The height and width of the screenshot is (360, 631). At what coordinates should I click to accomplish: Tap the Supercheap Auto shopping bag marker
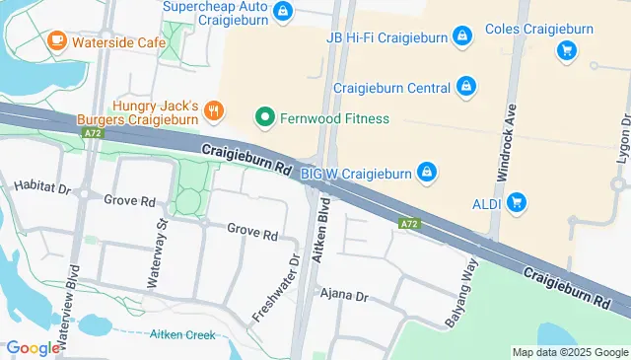284,11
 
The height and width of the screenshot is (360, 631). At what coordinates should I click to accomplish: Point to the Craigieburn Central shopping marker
466,88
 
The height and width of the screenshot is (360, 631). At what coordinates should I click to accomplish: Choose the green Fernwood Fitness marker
264,119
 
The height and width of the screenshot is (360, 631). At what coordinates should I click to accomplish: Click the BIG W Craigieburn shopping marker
426,174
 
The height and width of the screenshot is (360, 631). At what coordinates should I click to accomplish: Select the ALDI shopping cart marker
517,203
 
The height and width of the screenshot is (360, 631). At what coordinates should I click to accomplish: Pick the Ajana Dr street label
342,295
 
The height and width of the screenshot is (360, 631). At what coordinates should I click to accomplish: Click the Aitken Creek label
182,334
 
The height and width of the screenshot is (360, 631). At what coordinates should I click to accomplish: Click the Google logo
33,347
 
